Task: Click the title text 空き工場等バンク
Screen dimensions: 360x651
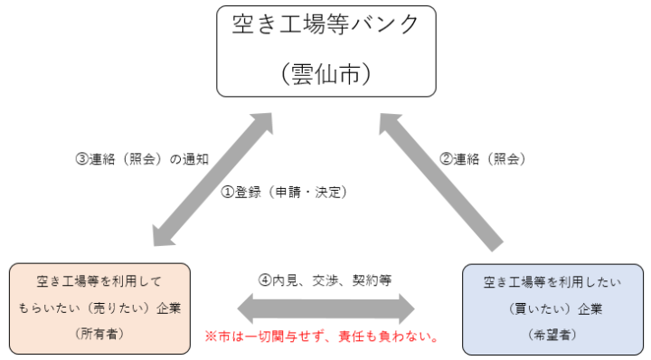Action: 325,25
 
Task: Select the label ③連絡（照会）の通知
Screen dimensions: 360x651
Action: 142,158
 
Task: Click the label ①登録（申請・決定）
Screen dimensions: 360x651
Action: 285,192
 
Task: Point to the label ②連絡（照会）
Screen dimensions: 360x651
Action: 483,158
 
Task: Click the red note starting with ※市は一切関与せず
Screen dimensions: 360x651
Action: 323,337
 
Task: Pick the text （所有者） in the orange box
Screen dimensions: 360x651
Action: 99,334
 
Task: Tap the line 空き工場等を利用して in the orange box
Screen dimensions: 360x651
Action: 99,281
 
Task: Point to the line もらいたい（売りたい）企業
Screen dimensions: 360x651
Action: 99,308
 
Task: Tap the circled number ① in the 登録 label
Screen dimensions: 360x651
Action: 228,192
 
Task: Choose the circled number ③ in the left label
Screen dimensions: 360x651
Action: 80,158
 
